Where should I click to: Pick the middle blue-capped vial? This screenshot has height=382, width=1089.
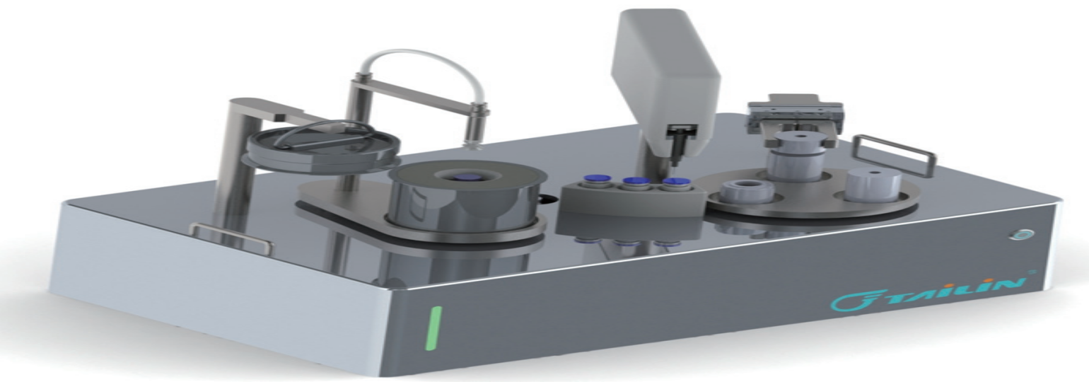coord(633,183)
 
